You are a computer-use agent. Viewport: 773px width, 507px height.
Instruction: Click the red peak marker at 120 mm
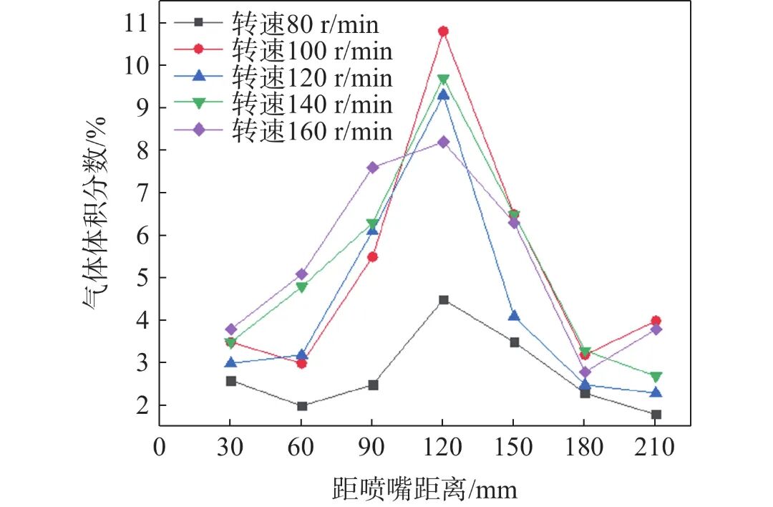click(443, 32)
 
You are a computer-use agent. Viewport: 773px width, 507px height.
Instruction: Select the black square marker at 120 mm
click(443, 300)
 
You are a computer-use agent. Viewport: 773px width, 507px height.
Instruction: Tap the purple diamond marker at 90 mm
click(372, 168)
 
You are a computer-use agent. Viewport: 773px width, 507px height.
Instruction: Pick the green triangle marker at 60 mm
click(301, 287)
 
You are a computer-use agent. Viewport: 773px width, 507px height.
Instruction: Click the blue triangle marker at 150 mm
click(514, 316)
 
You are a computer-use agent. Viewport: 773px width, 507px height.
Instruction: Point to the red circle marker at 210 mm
click(656, 321)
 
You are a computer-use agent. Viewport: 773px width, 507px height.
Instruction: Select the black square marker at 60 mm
click(301, 406)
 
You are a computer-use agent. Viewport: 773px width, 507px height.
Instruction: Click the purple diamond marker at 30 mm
click(230, 329)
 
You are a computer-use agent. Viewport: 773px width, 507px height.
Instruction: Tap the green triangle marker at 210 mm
click(656, 377)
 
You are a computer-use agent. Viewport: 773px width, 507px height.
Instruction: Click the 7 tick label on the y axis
click(136, 193)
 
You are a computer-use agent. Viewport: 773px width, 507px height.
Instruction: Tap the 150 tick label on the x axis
click(514, 448)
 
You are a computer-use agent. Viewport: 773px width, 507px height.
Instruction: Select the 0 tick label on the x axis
click(159, 448)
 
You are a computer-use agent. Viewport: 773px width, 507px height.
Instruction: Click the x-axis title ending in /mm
click(424, 488)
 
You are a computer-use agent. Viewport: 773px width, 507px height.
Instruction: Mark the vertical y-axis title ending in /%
click(94, 215)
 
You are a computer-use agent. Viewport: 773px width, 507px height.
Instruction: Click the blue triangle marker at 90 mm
click(372, 229)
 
